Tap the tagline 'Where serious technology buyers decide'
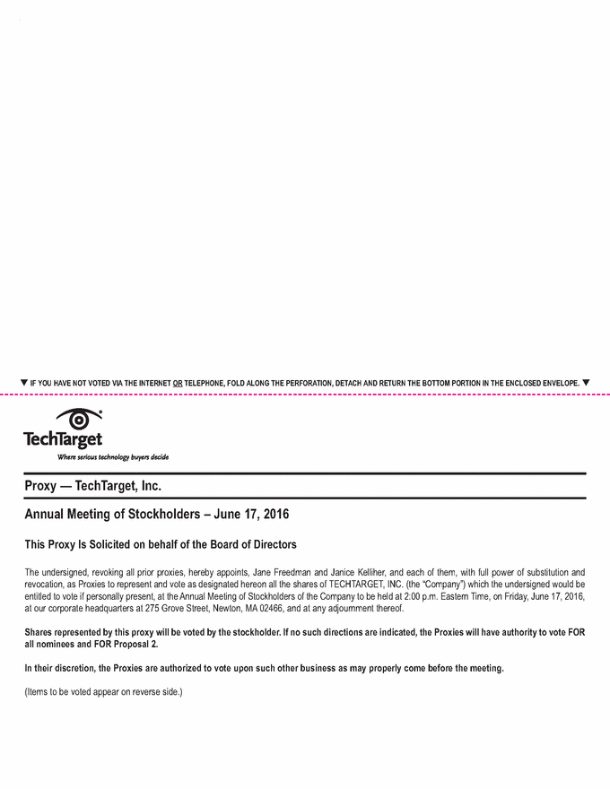pos(113,456)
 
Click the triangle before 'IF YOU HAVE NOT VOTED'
pos(24,382)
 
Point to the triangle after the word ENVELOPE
pos(586,382)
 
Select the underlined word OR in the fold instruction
pos(178,383)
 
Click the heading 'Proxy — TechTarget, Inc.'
pos(92,486)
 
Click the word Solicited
pos(111,544)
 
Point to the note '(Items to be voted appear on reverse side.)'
pos(104,691)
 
